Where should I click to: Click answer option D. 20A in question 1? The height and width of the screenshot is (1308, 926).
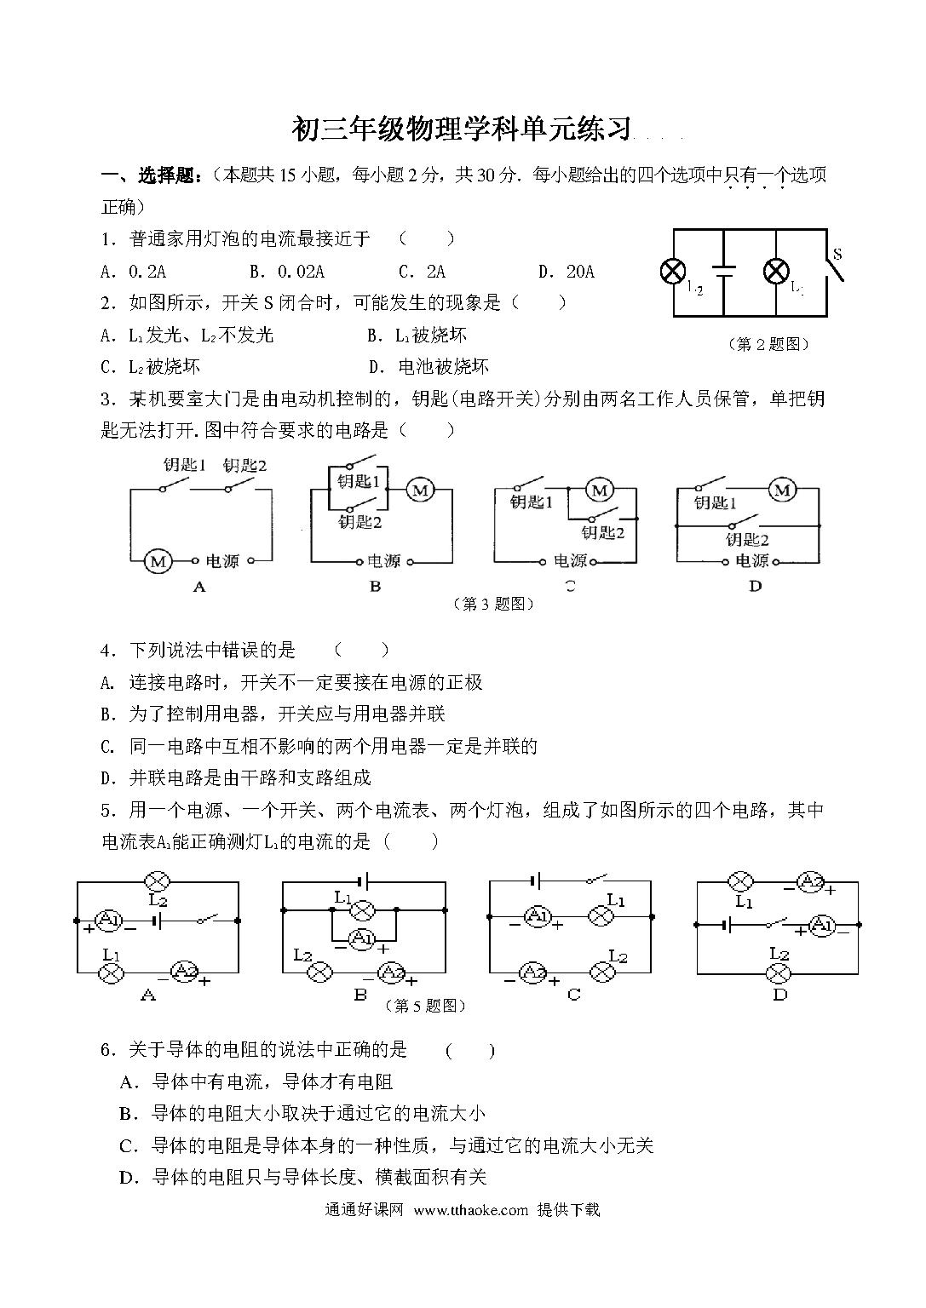click(x=567, y=272)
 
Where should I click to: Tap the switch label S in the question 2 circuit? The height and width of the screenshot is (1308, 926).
click(x=837, y=254)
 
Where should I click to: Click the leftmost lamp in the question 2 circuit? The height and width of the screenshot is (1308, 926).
click(x=672, y=272)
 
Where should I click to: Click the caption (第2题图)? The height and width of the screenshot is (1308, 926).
click(x=768, y=344)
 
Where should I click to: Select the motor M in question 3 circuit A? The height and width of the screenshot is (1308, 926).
click(x=157, y=562)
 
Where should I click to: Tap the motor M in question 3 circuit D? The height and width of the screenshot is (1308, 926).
click(x=782, y=490)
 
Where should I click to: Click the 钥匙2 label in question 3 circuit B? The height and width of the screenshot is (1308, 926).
click(x=359, y=521)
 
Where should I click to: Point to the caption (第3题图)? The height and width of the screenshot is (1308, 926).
click(x=494, y=604)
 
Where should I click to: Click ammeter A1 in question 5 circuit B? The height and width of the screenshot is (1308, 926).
click(x=362, y=939)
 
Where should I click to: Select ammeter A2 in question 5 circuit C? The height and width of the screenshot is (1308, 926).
click(x=532, y=972)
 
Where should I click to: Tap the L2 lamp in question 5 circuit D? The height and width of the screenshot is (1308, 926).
click(x=778, y=973)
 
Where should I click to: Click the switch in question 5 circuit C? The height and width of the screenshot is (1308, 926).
click(x=597, y=879)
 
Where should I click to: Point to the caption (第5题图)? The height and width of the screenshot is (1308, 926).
click(x=425, y=1006)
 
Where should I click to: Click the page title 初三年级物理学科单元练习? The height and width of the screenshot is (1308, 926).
click(x=462, y=129)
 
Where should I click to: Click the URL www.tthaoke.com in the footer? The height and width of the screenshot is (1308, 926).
click(x=471, y=1209)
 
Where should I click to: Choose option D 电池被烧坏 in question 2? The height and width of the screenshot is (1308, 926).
click(x=428, y=367)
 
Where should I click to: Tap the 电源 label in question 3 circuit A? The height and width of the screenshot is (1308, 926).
click(x=222, y=561)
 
